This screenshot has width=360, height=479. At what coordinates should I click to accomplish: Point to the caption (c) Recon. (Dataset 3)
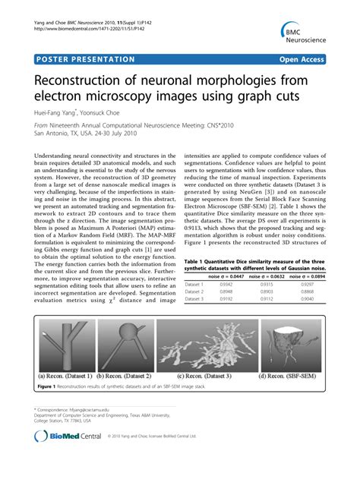pos(209,374)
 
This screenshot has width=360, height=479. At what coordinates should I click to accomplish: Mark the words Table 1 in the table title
pos(194,260)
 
